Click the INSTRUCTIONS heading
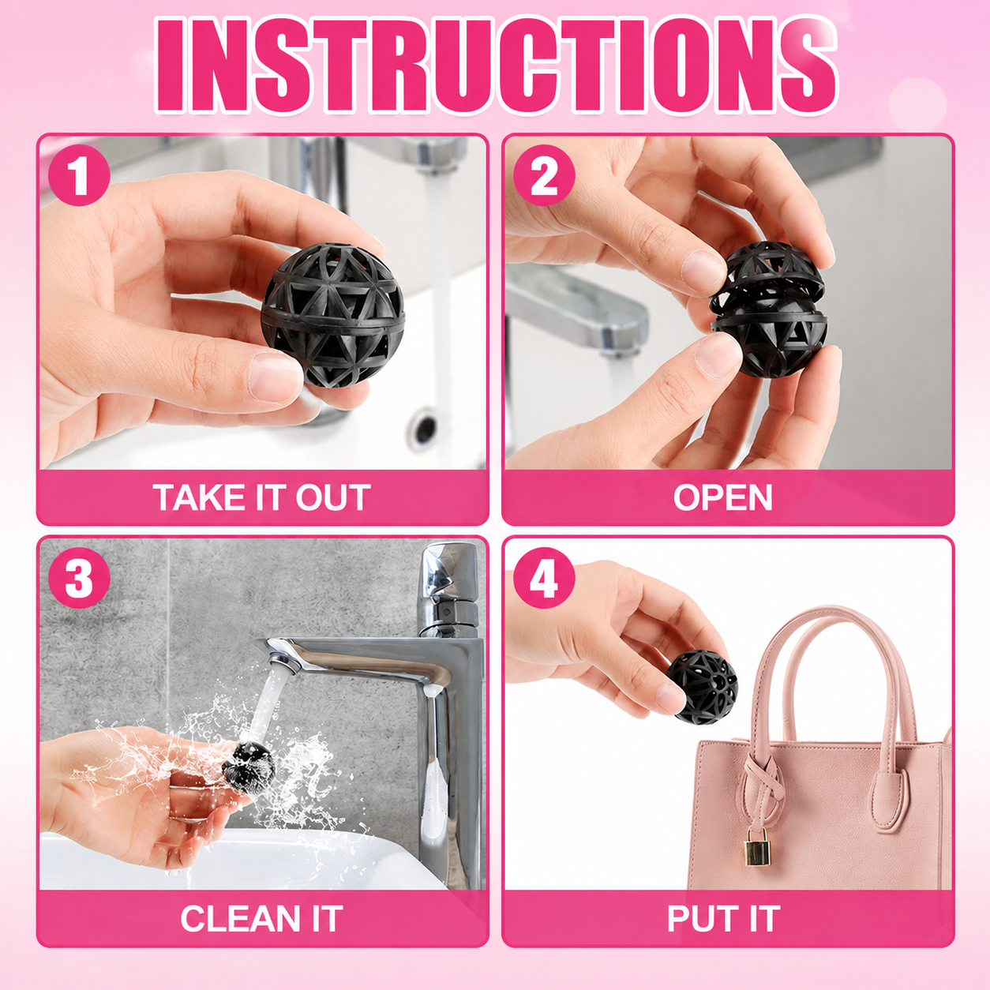pos(495,65)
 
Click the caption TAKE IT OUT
pos(262,497)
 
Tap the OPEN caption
pos(723,497)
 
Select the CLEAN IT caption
pos(261,917)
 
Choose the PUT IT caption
pos(723,917)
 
